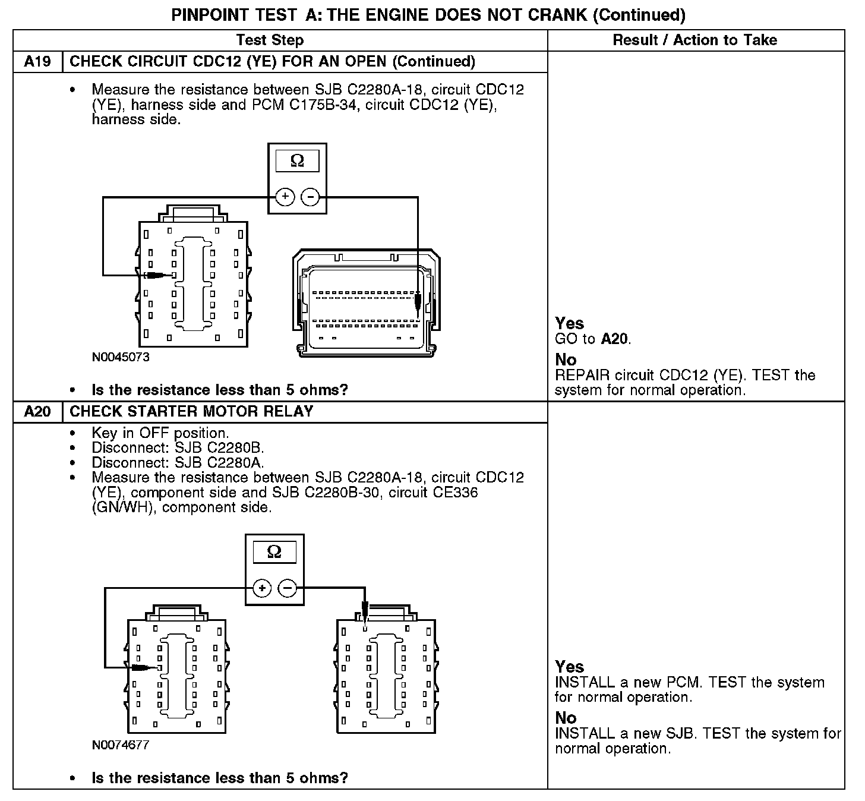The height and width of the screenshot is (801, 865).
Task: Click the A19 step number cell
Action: pyautogui.click(x=37, y=62)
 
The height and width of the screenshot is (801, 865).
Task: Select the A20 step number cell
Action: pyautogui.click(x=37, y=412)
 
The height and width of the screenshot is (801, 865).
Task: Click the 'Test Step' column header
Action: pyautogui.click(x=270, y=40)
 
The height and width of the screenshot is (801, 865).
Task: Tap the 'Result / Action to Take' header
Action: pyautogui.click(x=694, y=40)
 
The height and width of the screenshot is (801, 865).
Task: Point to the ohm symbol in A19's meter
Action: pyautogui.click(x=297, y=160)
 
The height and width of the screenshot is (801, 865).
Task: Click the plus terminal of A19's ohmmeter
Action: pyautogui.click(x=285, y=197)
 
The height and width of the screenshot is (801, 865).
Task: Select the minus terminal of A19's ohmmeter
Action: pyautogui.click(x=310, y=197)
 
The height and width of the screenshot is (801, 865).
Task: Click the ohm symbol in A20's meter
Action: pyautogui.click(x=274, y=552)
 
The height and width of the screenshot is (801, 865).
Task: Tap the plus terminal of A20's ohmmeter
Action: pyautogui.click(x=262, y=588)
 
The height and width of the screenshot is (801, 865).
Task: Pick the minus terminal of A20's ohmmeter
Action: pyautogui.click(x=287, y=588)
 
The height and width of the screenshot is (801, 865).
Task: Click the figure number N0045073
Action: pyautogui.click(x=121, y=357)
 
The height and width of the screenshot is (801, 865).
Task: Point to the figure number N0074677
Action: pyautogui.click(x=121, y=745)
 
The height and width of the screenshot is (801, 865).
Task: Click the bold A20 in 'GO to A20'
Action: pyautogui.click(x=614, y=339)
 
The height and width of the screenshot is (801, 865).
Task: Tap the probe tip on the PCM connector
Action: pyautogui.click(x=418, y=315)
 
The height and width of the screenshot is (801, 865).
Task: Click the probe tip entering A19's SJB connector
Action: pyautogui.click(x=171, y=275)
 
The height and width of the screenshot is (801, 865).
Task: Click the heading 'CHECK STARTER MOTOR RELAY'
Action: pyautogui.click(x=191, y=412)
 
